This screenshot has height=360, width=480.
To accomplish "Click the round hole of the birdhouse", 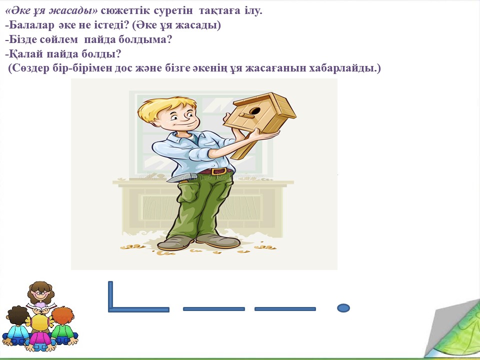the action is (x=255, y=110).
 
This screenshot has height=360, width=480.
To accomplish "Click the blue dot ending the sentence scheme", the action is (x=343, y=307).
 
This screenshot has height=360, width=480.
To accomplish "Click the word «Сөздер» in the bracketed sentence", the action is (x=30, y=68).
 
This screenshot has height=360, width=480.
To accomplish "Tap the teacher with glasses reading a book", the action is (x=40, y=295).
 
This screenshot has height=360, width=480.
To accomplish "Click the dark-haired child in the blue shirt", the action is (x=17, y=326).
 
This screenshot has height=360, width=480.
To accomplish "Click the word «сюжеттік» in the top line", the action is (x=125, y=10).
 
